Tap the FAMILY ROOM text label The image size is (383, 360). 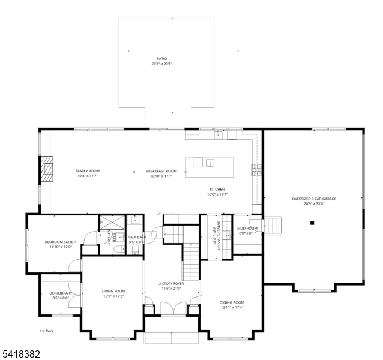88,171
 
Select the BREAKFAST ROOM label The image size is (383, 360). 161,171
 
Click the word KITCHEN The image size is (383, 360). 217,189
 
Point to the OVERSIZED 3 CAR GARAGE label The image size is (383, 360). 313,199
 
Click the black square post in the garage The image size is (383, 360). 312,223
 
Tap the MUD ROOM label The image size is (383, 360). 247,228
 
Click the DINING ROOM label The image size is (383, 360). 231,302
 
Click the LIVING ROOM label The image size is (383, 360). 113,291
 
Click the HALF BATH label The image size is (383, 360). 137,237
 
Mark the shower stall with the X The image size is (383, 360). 113,220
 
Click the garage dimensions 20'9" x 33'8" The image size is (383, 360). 313,203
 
